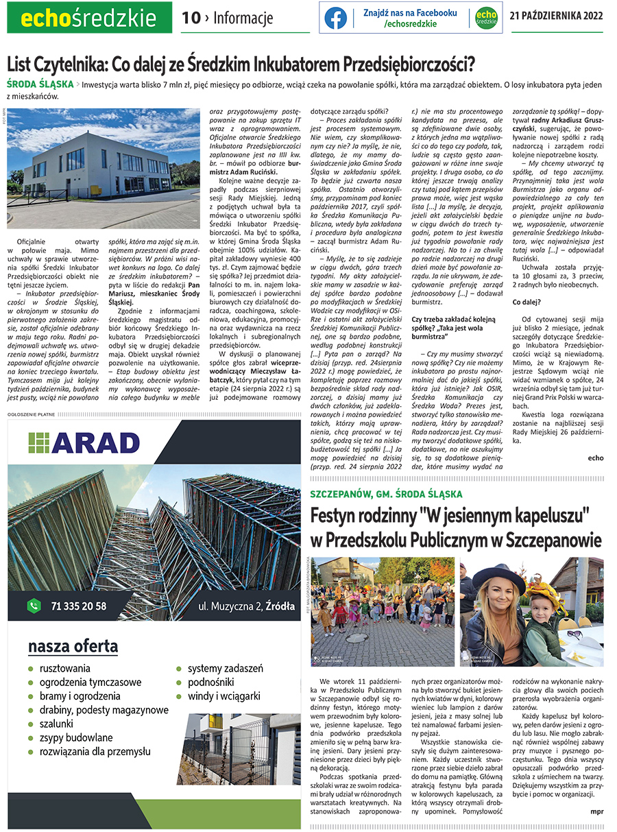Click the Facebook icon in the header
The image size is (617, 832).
336,18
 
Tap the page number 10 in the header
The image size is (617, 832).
190,18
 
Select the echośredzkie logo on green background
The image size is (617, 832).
89,18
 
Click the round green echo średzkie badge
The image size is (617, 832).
486,18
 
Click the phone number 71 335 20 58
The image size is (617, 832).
78,606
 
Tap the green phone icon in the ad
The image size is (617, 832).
34,606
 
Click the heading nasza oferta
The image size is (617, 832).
73,646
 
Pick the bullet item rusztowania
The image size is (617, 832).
65,668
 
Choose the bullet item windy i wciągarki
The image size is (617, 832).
224,696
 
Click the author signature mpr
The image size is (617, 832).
596,812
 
